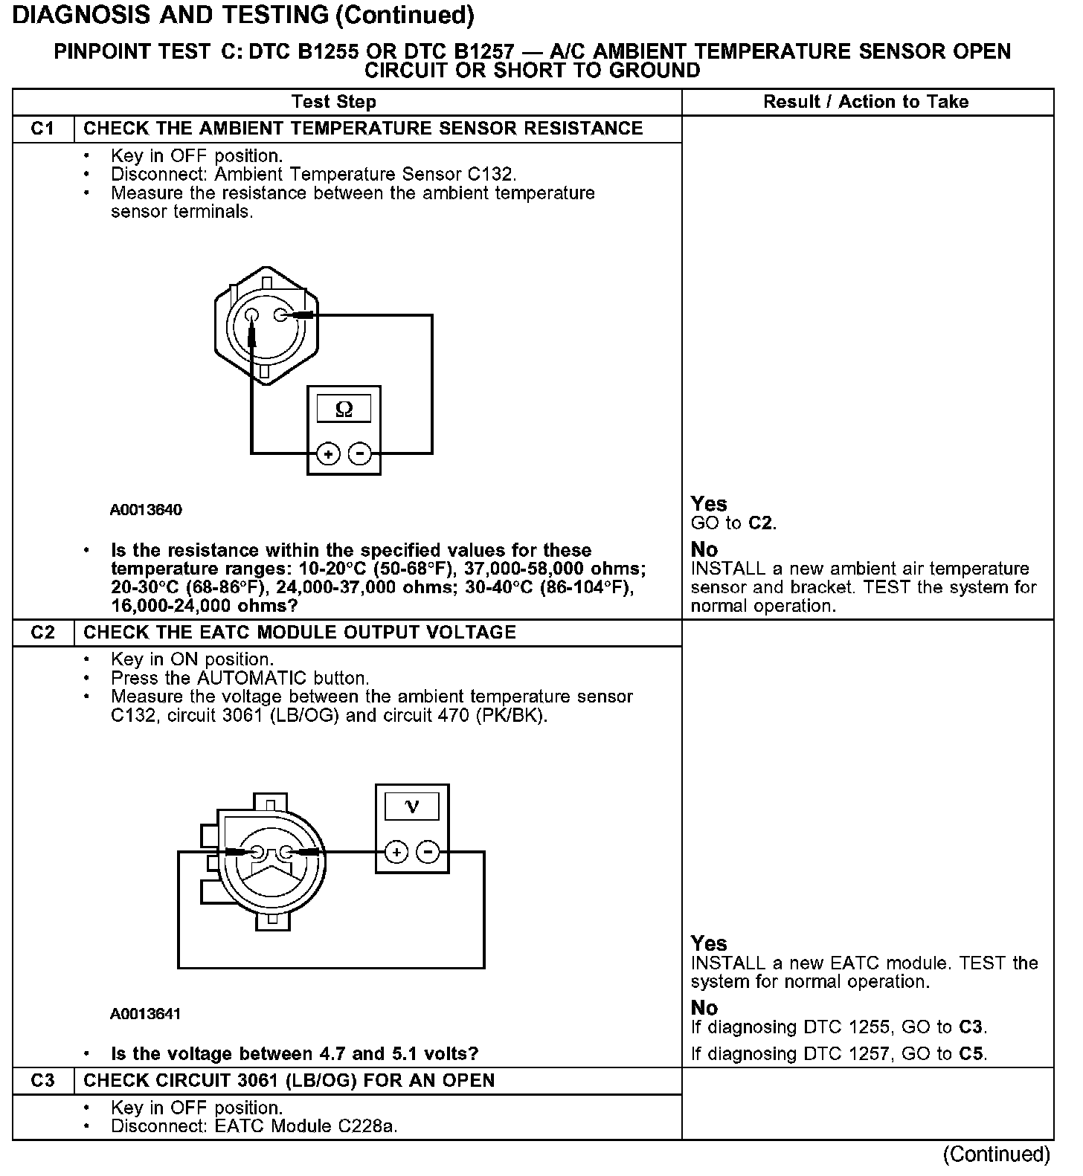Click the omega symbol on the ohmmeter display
(x=344, y=409)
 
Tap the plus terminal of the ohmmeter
(x=328, y=453)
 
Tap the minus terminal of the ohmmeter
(x=360, y=453)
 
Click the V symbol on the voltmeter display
(x=411, y=807)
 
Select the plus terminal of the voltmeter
(x=396, y=852)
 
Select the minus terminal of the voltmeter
(x=428, y=852)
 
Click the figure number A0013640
(x=146, y=510)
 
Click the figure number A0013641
(x=146, y=1014)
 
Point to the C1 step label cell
(x=43, y=129)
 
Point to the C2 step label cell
(x=43, y=633)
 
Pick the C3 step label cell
(x=43, y=1081)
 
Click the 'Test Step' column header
(x=334, y=102)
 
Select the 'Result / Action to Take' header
(x=866, y=102)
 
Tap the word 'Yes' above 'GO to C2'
(x=708, y=504)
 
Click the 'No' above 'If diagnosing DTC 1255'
(x=704, y=1008)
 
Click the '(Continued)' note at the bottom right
(x=997, y=1154)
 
